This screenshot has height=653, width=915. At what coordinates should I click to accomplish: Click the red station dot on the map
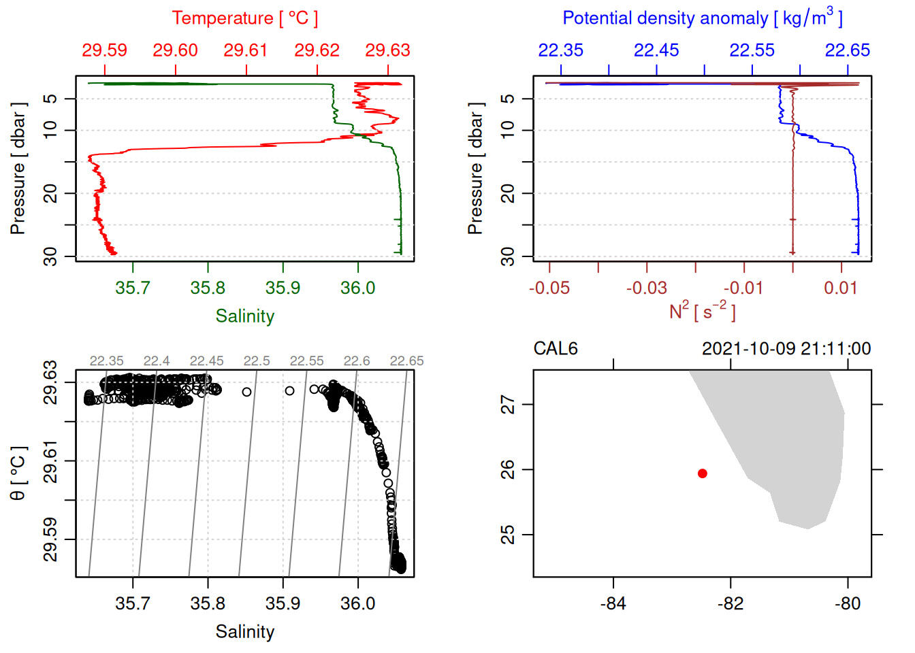(x=702, y=473)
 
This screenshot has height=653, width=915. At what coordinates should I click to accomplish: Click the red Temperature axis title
(x=244, y=18)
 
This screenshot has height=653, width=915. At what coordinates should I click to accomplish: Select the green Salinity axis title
(x=244, y=316)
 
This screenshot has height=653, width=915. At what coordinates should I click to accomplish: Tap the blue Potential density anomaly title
(x=702, y=18)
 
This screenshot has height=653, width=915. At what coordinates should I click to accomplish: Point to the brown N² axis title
(x=702, y=312)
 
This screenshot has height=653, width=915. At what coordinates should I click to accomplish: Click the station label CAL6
(x=556, y=349)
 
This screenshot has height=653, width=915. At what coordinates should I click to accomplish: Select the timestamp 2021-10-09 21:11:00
(x=786, y=349)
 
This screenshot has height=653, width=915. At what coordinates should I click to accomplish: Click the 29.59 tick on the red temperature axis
(x=105, y=50)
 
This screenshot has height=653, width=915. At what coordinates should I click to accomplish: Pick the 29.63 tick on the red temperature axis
(x=387, y=50)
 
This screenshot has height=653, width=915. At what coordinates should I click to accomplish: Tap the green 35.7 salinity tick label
(x=132, y=288)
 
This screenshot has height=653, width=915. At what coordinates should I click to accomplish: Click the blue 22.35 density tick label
(x=560, y=50)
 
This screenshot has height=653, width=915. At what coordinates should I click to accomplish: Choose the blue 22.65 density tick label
(x=848, y=50)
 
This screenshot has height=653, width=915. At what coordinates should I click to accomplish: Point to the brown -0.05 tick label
(x=549, y=288)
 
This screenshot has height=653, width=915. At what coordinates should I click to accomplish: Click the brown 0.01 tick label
(x=841, y=288)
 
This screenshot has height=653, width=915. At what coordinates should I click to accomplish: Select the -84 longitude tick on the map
(x=613, y=603)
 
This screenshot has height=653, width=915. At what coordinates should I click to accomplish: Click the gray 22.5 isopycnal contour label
(x=257, y=361)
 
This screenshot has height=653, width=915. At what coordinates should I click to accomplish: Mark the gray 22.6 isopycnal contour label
(x=357, y=361)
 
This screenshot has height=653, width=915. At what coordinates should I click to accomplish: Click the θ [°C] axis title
(x=18, y=473)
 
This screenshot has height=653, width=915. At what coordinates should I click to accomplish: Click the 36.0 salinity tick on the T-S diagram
(x=357, y=603)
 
